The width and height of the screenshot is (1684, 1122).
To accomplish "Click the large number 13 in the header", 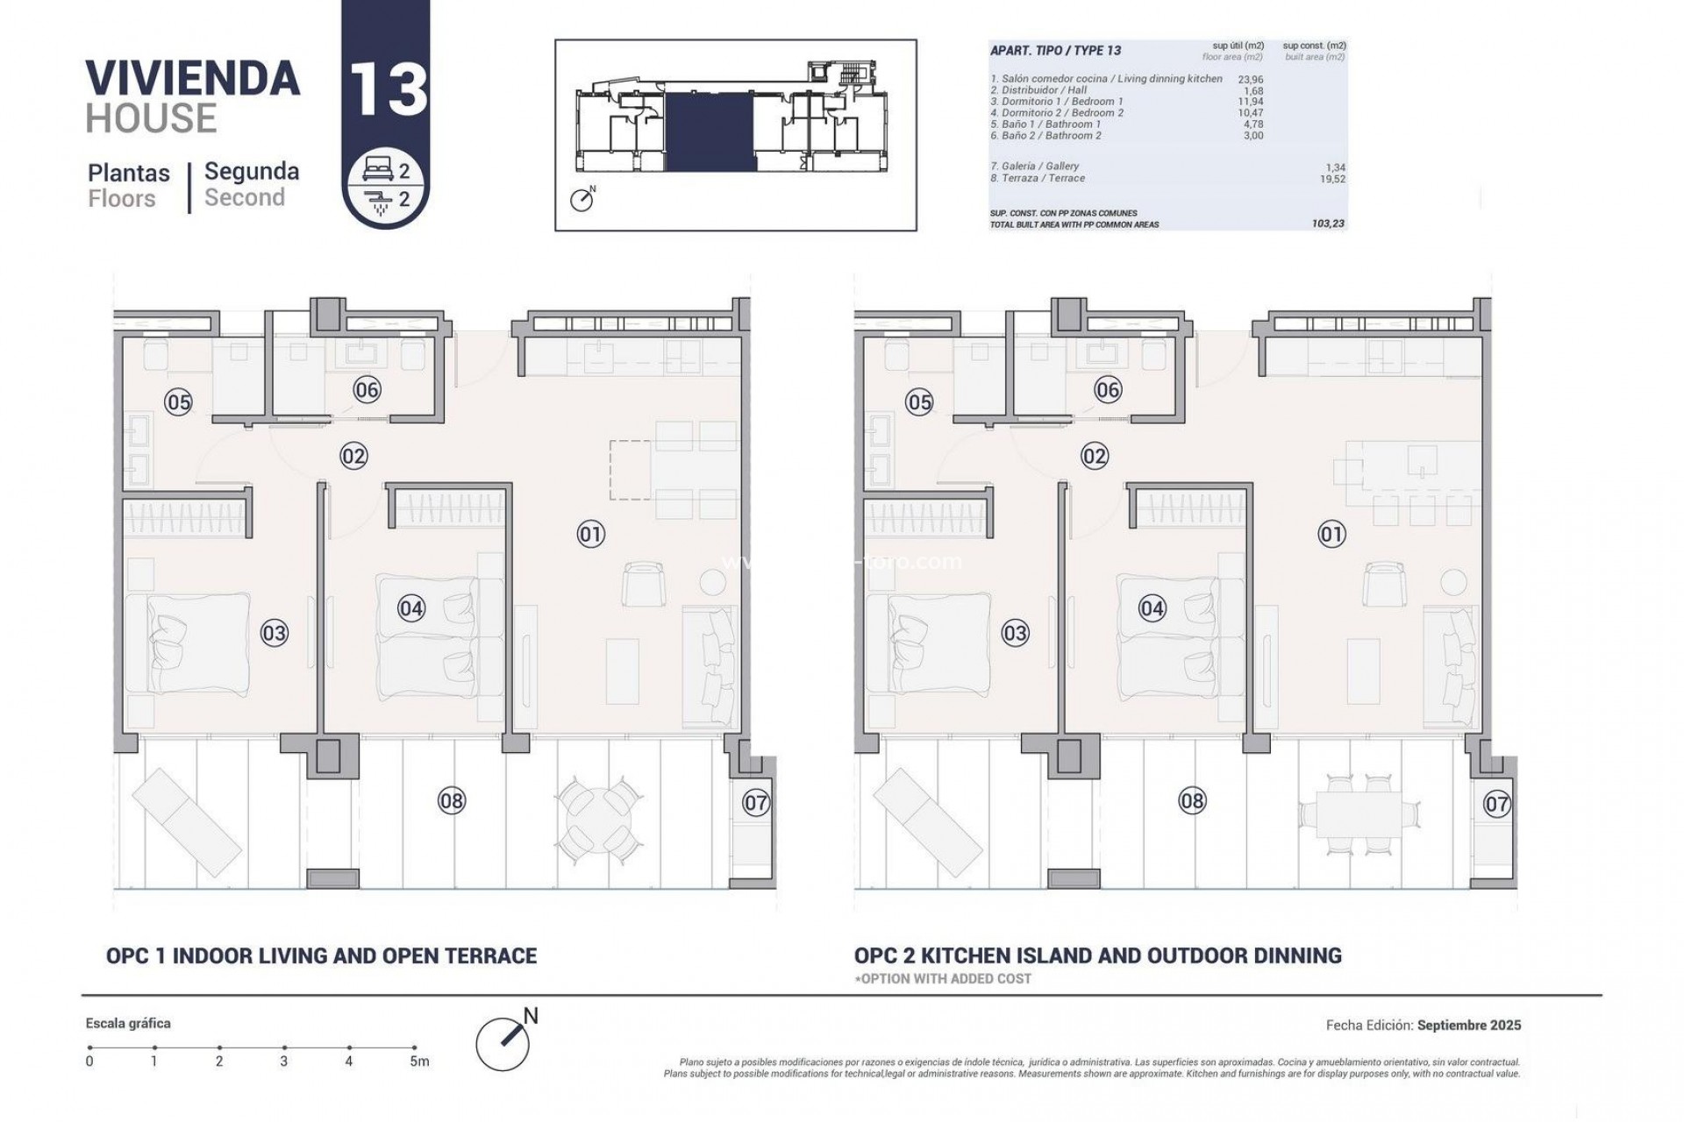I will click(x=387, y=88).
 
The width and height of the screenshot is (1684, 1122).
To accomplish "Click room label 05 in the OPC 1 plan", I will click(x=179, y=402).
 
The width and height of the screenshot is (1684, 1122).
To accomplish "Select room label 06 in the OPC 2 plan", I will click(x=1108, y=390).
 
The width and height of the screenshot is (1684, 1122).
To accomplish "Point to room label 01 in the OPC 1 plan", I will click(x=591, y=534).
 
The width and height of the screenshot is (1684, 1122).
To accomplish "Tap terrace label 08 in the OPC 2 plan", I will click(x=1192, y=800).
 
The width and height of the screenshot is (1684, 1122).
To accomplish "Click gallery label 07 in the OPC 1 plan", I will click(x=756, y=802).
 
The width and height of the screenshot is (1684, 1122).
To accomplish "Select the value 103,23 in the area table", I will click(x=1328, y=224).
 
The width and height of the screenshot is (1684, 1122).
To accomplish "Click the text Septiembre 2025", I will click(x=1469, y=1025).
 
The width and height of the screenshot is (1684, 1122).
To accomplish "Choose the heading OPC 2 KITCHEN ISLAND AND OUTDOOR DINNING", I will click(x=1097, y=955).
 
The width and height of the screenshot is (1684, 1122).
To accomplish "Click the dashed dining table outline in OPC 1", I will click(x=631, y=471).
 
